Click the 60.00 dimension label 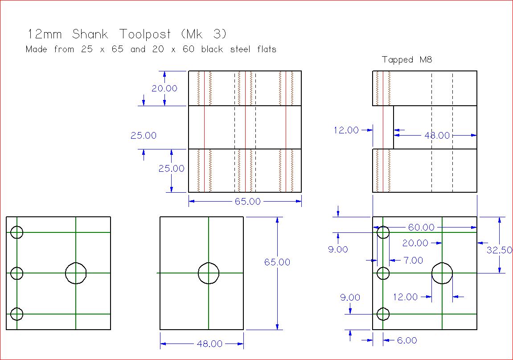[x=421, y=228]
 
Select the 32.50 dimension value [x=499, y=250]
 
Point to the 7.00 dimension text [x=413, y=260]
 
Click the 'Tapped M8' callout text [x=407, y=60]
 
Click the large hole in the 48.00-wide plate [x=208, y=273]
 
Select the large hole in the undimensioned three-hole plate [x=76, y=273]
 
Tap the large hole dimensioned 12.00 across [x=442, y=273]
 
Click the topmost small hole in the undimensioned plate [x=16, y=232]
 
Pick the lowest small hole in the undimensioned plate [x=16, y=314]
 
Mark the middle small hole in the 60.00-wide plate [x=383, y=273]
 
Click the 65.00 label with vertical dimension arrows [x=277, y=262]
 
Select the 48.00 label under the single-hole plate [x=209, y=344]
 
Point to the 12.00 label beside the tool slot [x=346, y=130]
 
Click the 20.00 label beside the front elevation [x=164, y=88]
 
